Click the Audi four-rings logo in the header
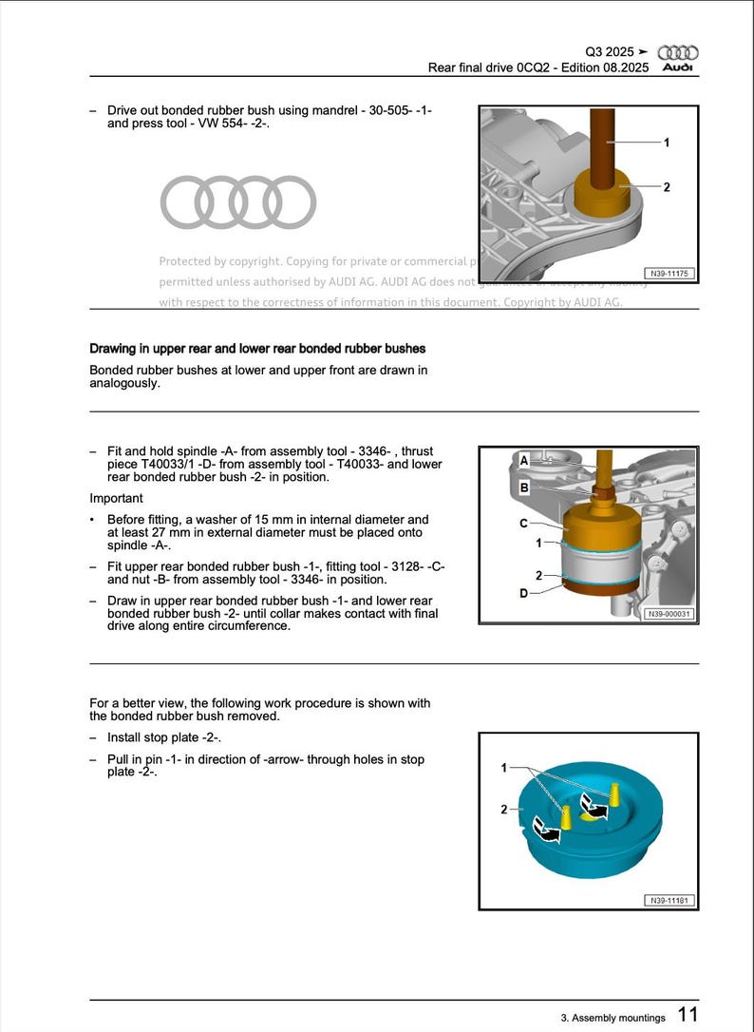[677, 52]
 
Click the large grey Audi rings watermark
[237, 202]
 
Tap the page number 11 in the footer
[688, 1015]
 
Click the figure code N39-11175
[669, 274]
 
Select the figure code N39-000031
[669, 614]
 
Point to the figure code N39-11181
[669, 900]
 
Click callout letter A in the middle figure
[523, 460]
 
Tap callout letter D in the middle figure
[523, 593]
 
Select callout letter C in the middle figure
[523, 523]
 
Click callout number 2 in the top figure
[667, 187]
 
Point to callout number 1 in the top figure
[667, 143]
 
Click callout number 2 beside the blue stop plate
[504, 809]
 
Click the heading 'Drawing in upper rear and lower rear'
[257, 349]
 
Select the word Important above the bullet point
[116, 498]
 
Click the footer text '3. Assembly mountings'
[613, 1018]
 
